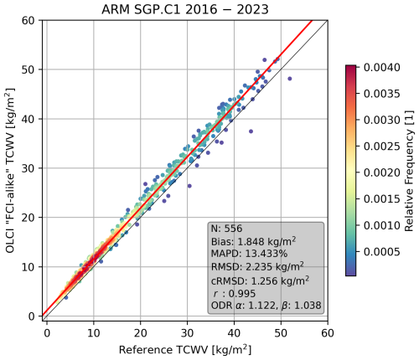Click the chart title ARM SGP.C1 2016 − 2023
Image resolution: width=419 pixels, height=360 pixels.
point(185,9)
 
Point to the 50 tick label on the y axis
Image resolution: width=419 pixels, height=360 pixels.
point(28,69)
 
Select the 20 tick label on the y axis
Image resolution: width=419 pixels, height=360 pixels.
point(28,218)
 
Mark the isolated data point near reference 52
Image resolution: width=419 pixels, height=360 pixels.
point(289,79)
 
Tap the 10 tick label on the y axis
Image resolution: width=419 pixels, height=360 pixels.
point(28,267)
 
